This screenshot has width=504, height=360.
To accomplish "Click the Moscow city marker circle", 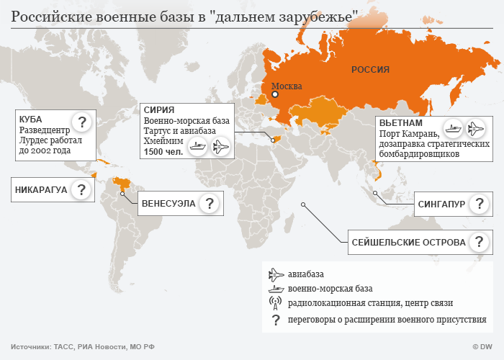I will pos(274,94).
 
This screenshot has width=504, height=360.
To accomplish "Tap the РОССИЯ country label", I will pos(370,69).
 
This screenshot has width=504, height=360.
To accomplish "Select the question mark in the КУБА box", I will pos(82,122).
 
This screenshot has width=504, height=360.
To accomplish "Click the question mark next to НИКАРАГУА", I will pos(82,190).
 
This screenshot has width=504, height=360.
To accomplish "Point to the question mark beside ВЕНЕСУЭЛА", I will pos(210,204).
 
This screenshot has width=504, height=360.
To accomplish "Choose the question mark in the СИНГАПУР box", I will pos(478,204).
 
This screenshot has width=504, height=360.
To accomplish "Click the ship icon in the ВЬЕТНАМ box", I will pos(453,130).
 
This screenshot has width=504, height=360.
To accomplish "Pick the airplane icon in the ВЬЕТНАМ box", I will pos(476,130).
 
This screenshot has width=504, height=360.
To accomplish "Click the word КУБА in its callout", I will pos(31,118).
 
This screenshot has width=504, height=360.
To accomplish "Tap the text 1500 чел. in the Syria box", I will pos(163,153).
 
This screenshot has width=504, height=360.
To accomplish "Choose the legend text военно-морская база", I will pos(322,288).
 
